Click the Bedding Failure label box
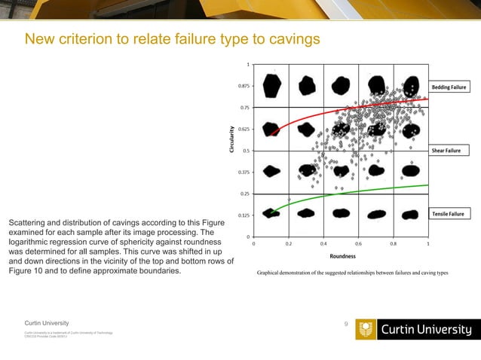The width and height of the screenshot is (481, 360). [450, 87]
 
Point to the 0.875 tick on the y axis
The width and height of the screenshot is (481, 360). [244, 86]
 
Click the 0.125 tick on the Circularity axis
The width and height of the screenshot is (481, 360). [244, 215]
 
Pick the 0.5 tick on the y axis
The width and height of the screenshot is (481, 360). [247, 151]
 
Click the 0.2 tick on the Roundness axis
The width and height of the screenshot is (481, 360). [288, 243]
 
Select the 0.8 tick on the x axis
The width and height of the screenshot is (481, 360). [393, 243]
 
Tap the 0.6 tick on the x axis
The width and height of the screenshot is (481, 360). [358, 243]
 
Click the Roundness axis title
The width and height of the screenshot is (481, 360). [342, 256]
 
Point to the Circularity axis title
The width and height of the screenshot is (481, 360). [232, 140]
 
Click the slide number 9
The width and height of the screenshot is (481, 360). [345, 324]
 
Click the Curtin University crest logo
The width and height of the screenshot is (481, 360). [365, 329]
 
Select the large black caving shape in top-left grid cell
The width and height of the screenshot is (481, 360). [272, 86]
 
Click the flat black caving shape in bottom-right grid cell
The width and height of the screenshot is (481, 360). [410, 215]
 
